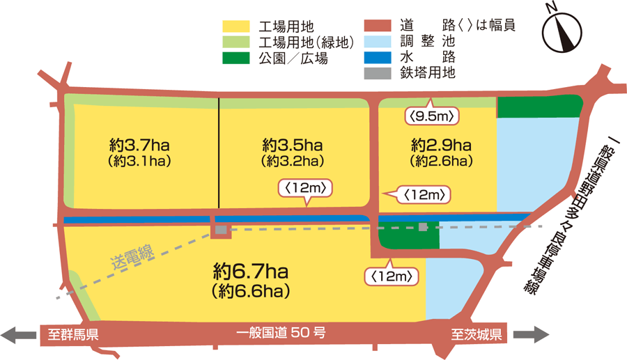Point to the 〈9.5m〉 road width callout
pyautogui.click(x=433, y=116)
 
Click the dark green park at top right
pyautogui.click(x=538, y=107)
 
